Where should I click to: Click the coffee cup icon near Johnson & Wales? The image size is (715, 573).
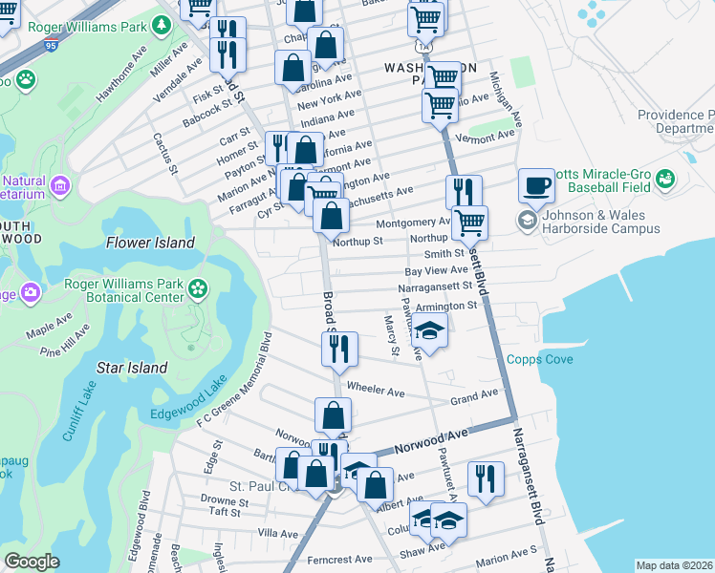point(537,185)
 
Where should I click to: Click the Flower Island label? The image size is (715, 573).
point(150,243)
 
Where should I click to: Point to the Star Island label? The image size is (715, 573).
point(133,368)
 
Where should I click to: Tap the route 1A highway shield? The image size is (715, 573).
point(422,44)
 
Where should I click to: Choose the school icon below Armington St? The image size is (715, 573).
point(429,332)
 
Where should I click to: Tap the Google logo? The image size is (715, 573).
point(32,562)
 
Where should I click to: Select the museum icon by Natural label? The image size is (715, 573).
point(61,184)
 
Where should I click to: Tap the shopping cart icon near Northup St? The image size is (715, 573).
point(469,223)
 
